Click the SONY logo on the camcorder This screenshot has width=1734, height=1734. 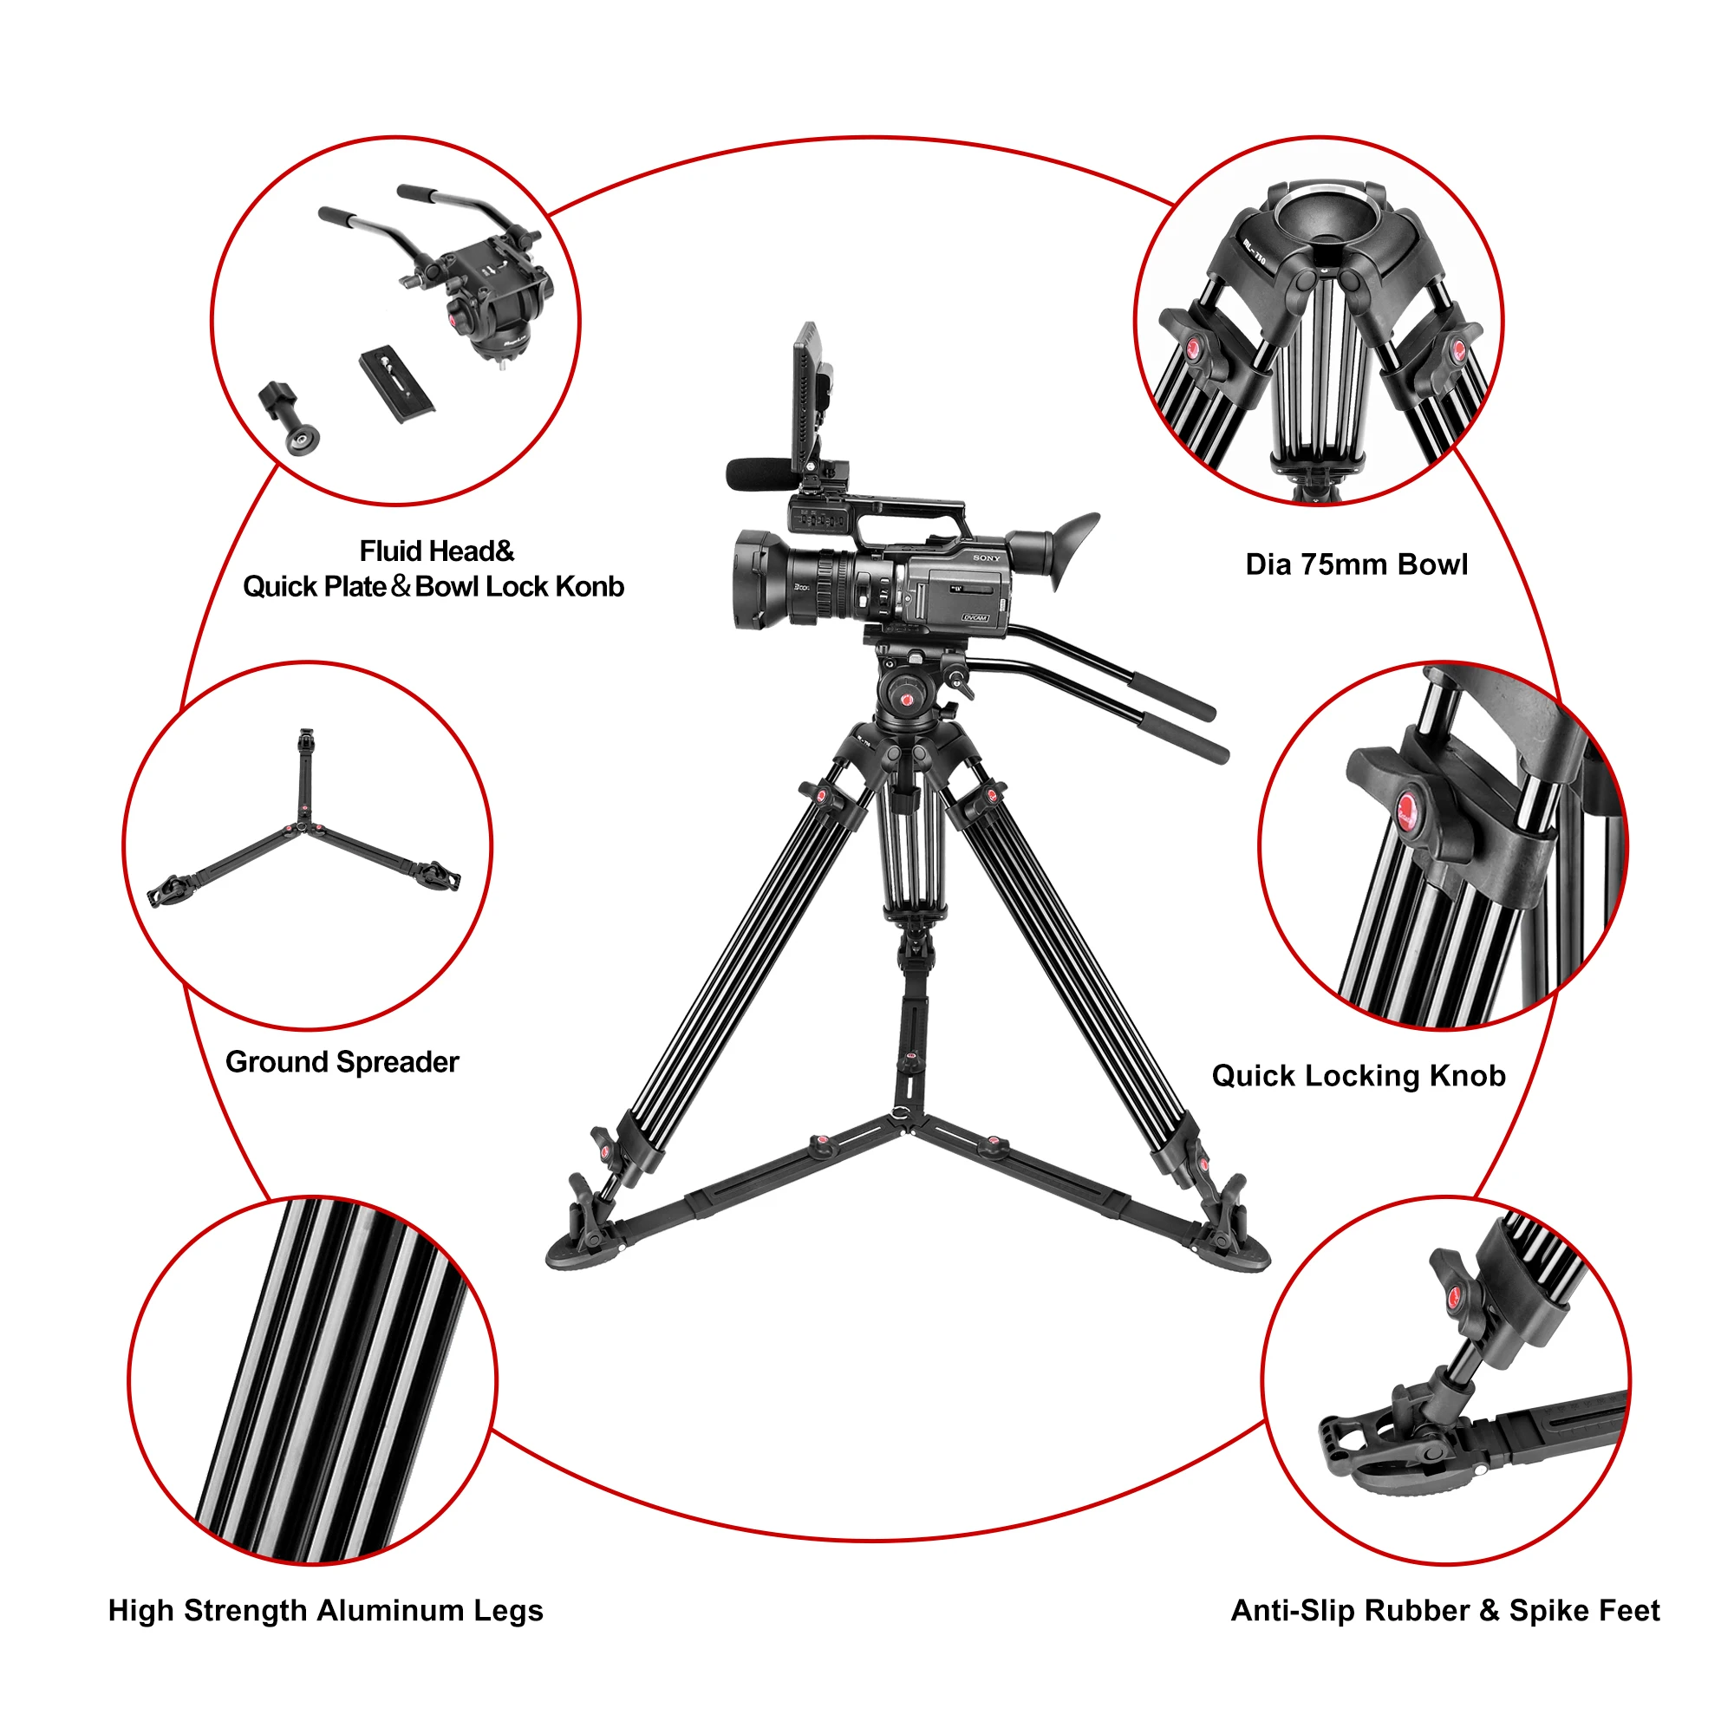coord(987,558)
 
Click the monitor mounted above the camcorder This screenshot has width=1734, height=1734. coord(805,394)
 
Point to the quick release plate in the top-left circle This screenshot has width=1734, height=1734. coord(397,385)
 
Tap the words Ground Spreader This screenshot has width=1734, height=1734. coord(342,1062)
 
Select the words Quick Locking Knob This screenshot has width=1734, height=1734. coord(1358,1075)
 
